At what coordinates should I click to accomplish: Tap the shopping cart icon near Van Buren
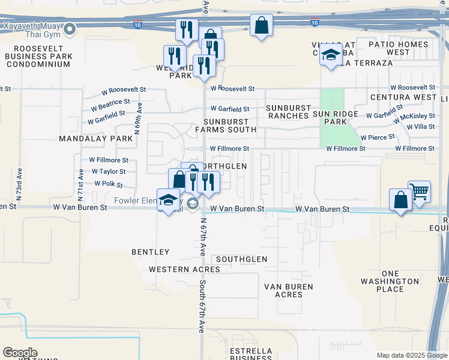click(419, 192)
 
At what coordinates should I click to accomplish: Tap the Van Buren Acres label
click(289, 290)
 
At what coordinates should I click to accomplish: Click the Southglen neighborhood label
click(241, 259)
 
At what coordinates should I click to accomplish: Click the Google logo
click(20, 353)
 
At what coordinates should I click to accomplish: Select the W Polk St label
click(109, 183)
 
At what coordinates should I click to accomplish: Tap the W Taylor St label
click(109, 172)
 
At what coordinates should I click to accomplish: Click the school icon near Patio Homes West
click(330, 55)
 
